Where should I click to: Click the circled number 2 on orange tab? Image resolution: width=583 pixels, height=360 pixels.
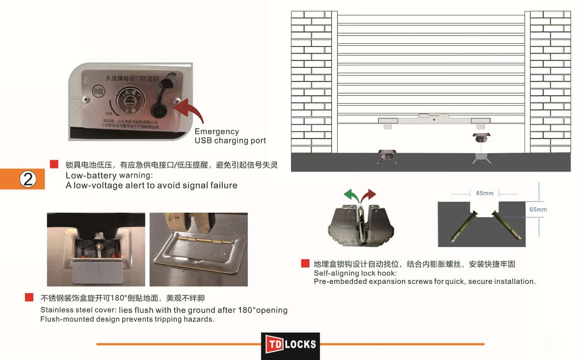point(28,179)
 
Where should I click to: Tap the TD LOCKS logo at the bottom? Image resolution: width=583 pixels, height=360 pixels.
point(291,344)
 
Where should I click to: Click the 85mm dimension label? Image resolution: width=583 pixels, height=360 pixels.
point(485,193)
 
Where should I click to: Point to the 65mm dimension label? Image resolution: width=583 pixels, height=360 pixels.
point(538,210)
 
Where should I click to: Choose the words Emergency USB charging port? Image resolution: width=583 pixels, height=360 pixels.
point(230,136)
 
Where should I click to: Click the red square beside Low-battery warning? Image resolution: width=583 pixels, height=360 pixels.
point(54,165)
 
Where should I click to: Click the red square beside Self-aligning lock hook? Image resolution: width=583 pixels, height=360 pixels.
point(305,264)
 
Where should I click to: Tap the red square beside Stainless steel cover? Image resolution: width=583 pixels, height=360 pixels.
point(29,298)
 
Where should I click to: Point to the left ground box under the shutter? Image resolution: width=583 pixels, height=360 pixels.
point(386,156)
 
